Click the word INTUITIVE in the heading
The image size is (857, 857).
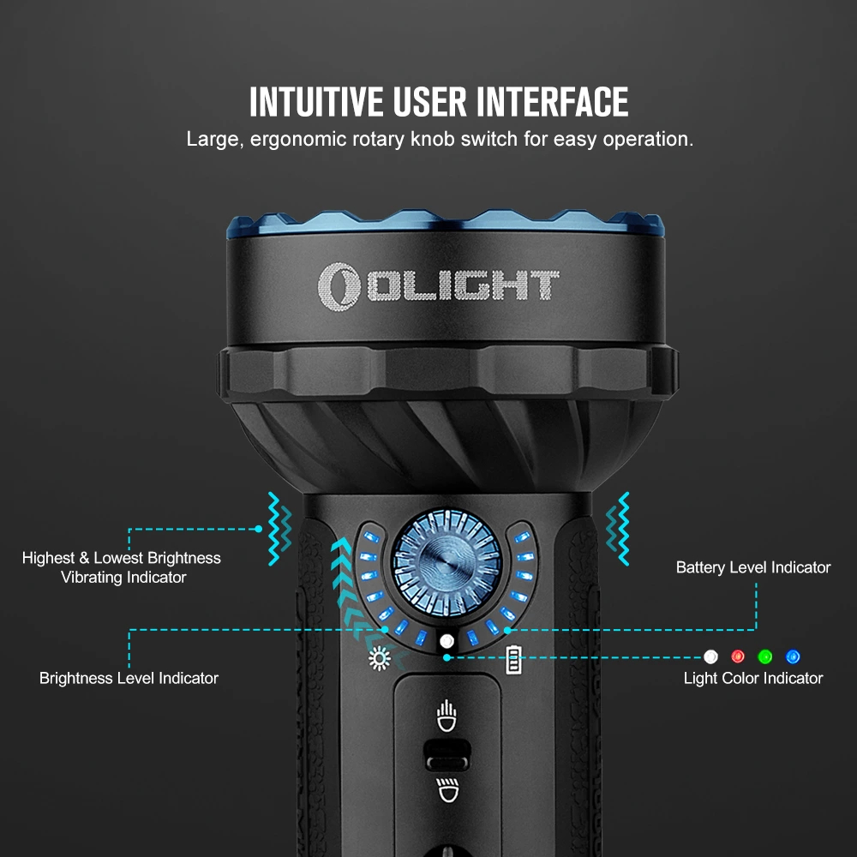[316, 102]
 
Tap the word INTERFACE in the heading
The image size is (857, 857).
[552, 102]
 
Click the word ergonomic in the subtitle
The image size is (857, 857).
[298, 140]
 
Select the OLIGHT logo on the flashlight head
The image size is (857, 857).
[438, 286]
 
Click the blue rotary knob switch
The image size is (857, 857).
[446, 563]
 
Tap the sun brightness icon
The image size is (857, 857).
[380, 658]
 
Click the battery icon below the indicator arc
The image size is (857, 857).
[513, 660]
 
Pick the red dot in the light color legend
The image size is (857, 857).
[738, 656]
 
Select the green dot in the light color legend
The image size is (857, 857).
[765, 656]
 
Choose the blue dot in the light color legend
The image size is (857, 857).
[793, 656]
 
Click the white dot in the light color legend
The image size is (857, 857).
[710, 656]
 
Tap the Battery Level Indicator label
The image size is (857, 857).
[753, 567]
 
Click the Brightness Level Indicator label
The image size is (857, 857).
[129, 678]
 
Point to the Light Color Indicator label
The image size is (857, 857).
[753, 678]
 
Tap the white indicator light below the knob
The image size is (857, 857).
[446, 640]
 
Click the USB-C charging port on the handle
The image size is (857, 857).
[447, 755]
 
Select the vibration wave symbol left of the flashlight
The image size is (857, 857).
[279, 529]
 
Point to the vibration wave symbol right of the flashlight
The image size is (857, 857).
[618, 529]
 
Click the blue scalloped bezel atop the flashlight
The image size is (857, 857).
[446, 223]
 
